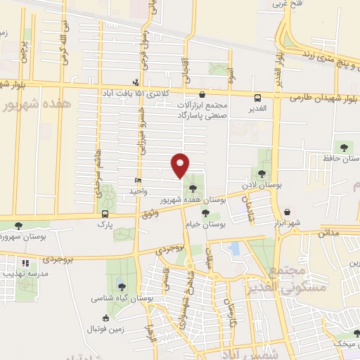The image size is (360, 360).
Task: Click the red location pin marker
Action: (x=181, y=165)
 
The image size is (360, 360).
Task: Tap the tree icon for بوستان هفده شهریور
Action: (x=193, y=187)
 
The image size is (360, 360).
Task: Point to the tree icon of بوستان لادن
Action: (x=262, y=173)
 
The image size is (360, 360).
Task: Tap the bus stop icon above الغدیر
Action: (x=257, y=98)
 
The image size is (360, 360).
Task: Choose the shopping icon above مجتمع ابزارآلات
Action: (x=202, y=94)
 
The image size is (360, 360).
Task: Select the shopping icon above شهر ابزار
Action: (x=287, y=212)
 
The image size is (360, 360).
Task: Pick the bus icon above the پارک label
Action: (x=105, y=213)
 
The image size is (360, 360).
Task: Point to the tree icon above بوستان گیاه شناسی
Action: (x=122, y=286)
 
